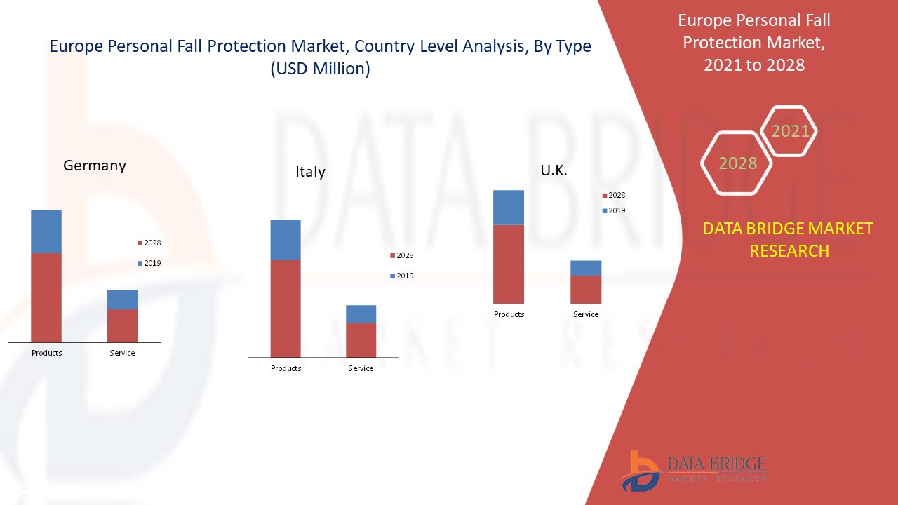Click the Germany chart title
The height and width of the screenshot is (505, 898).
[x=95, y=166]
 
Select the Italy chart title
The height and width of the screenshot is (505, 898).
[x=310, y=172]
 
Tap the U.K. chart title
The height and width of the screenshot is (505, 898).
[x=554, y=170]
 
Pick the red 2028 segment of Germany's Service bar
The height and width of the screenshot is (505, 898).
[x=122, y=325]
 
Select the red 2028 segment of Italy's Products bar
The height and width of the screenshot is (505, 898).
[x=286, y=309]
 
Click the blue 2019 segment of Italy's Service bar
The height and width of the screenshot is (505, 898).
[x=361, y=314]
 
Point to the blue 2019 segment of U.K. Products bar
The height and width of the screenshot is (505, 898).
[x=509, y=208]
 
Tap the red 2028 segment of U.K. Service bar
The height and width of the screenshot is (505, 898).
[x=586, y=289]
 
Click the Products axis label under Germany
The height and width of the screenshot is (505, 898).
[x=47, y=353]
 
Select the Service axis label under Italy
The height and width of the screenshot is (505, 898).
[x=361, y=368]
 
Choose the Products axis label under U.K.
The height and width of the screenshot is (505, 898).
[x=509, y=314]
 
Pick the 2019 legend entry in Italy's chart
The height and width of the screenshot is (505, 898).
[x=401, y=276]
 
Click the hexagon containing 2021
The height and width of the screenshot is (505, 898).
[x=790, y=131]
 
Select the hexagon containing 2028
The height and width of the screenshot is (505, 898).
[x=737, y=163]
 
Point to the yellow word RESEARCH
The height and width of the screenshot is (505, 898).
[x=789, y=250]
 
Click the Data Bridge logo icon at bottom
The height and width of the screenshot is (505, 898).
[x=639, y=470]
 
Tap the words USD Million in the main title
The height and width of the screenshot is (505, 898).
[x=320, y=69]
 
